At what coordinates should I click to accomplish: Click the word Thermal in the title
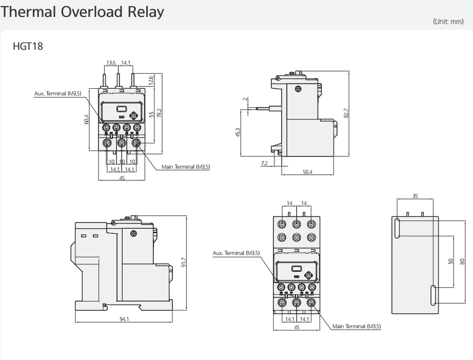tap(28, 12)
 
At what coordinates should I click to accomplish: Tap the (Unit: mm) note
tap(448, 22)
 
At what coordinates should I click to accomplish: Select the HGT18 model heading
tap(28, 47)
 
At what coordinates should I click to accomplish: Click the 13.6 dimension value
tap(111, 63)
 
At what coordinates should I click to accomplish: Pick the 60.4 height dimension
tap(87, 119)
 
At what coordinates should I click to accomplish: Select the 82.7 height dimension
tap(346, 113)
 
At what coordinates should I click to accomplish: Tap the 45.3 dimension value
tap(238, 132)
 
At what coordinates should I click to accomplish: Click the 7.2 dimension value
tap(264, 164)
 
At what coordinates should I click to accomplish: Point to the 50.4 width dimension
tap(307, 172)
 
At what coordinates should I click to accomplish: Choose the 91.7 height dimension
tap(183, 263)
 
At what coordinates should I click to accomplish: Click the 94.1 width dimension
tap(124, 319)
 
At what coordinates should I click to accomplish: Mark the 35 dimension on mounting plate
tap(415, 196)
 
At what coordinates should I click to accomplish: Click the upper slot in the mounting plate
tap(398, 228)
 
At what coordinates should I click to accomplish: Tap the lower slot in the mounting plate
tap(433, 295)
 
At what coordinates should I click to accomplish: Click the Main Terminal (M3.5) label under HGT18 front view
tap(186, 167)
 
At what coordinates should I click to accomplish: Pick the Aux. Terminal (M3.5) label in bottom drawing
tap(236, 253)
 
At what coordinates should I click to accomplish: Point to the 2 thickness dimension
tap(245, 98)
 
